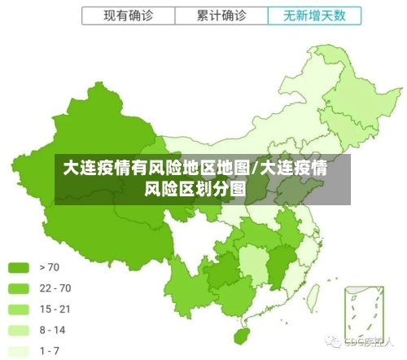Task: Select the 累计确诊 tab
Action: pos(221,15)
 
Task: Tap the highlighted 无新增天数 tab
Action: pos(313,15)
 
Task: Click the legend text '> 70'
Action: pos(49,266)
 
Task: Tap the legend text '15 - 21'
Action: pos(55,309)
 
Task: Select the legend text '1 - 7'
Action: pos(50,351)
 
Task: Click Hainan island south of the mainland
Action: pos(241,335)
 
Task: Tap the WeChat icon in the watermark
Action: pos(334,341)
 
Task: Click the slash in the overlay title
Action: pos(256,169)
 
